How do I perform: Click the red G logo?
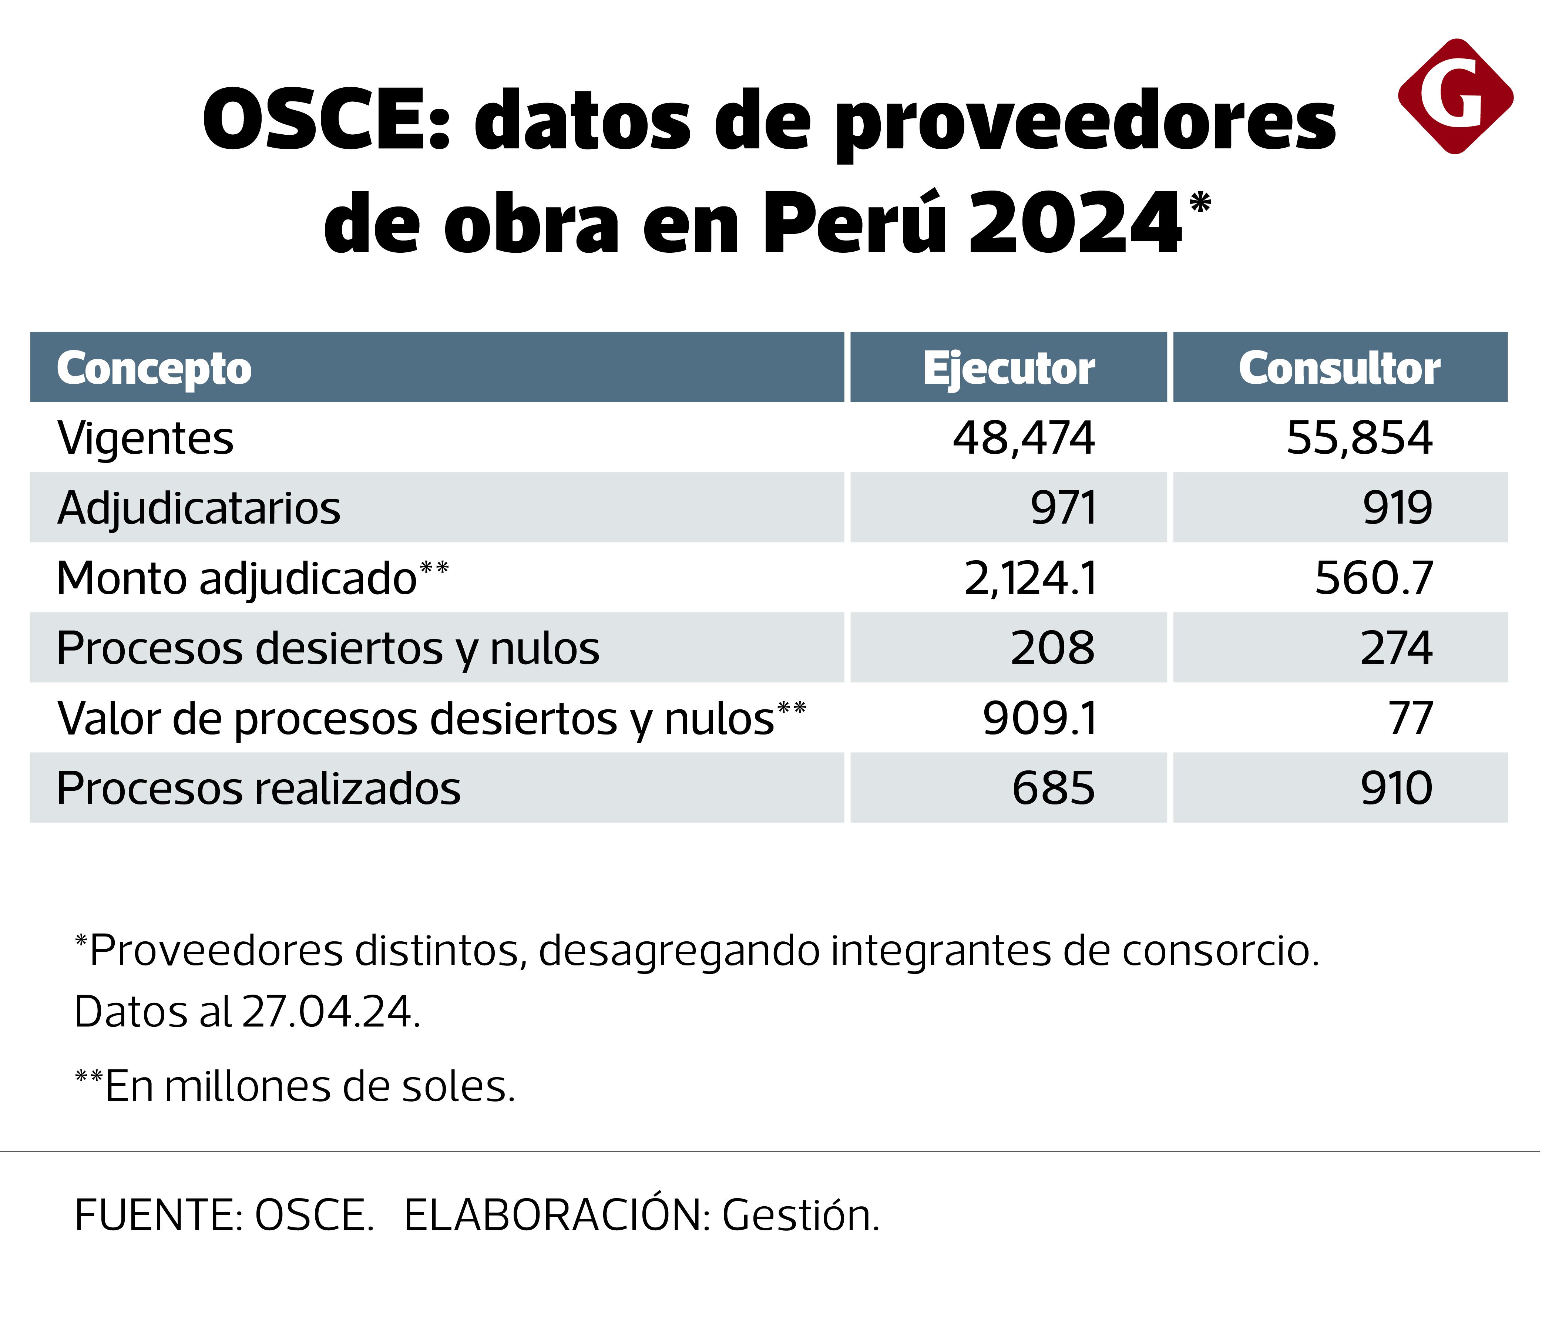(x=1455, y=97)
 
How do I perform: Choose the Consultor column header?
(x=1340, y=369)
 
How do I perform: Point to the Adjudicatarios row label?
(x=199, y=508)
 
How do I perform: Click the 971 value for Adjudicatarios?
(x=1064, y=508)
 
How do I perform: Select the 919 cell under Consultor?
(x=1397, y=508)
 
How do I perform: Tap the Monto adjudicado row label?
(x=237, y=578)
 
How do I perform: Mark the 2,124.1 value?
(x=1031, y=578)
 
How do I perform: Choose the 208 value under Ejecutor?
(x=1052, y=648)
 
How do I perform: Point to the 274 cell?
(x=1396, y=648)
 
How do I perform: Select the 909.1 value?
(x=1040, y=718)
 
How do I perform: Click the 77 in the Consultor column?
(x=1410, y=718)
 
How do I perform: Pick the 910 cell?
(x=1396, y=788)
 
